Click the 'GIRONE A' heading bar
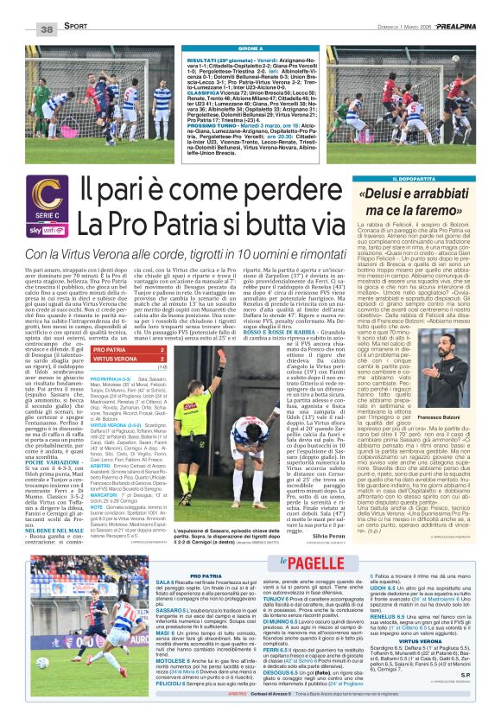coord(250,48)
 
